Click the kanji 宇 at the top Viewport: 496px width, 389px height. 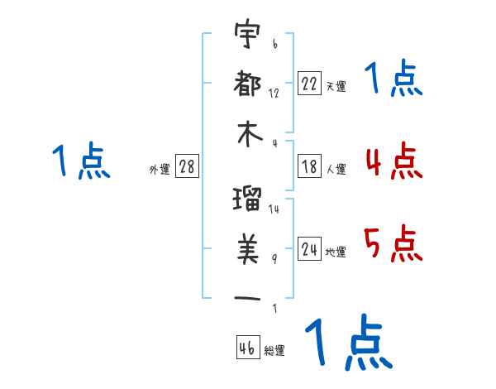[x=247, y=33]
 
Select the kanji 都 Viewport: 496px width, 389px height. [x=247, y=83]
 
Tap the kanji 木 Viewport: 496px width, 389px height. [x=250, y=134]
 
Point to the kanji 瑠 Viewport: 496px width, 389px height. [x=247, y=199]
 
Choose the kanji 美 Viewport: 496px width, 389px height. [x=248, y=249]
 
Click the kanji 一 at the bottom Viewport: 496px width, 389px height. [x=247, y=298]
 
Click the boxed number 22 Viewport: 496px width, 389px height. [x=309, y=83]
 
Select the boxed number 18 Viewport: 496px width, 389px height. [x=309, y=166]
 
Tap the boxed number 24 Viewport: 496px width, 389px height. [x=309, y=248]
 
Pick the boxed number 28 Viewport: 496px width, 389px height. [x=187, y=166]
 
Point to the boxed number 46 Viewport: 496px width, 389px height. [x=248, y=347]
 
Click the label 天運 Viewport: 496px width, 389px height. [x=336, y=86]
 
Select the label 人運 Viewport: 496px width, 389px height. [x=336, y=169]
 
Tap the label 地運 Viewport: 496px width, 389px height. [x=336, y=252]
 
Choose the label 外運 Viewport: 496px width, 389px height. [x=160, y=169]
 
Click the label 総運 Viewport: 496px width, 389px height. [x=274, y=350]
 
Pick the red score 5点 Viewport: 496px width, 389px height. [x=393, y=243]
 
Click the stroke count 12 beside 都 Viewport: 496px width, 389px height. [x=274, y=94]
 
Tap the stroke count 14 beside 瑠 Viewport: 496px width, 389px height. [x=274, y=209]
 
